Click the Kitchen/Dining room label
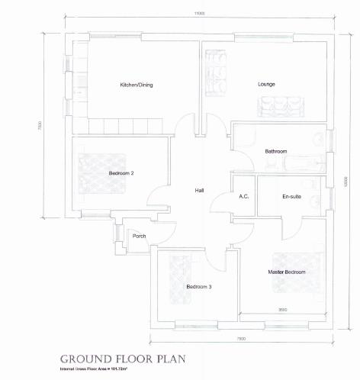137,85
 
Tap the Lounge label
266,84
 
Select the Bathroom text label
275,151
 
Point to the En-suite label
291,196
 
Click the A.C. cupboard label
244,196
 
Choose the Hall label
199,190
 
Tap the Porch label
139,236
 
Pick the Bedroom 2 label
121,173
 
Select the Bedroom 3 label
199,286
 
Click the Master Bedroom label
286,272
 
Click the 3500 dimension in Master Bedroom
282,309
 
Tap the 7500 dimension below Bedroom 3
240,338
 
